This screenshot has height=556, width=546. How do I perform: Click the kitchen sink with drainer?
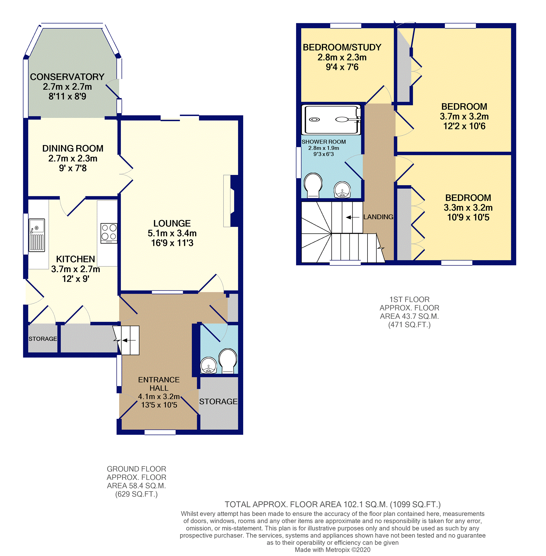click(x=37, y=235)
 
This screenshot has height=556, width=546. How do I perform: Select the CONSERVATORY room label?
click(x=67, y=77)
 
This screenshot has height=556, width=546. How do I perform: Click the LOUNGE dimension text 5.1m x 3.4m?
click(x=172, y=233)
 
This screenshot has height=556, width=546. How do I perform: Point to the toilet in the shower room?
click(x=313, y=185)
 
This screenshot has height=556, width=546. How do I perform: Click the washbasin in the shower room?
click(x=342, y=190)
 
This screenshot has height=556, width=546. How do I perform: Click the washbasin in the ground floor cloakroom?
click(x=208, y=365)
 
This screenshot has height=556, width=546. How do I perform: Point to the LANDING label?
click(x=378, y=217)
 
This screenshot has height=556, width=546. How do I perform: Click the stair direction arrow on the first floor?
click(x=352, y=217)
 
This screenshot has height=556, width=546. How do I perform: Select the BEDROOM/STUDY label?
click(x=342, y=47)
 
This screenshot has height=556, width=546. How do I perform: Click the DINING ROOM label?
click(x=73, y=148)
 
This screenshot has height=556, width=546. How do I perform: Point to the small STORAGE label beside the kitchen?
click(x=43, y=339)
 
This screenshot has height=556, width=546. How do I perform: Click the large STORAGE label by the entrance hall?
click(x=218, y=401)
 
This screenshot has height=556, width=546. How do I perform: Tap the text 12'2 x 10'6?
click(x=464, y=126)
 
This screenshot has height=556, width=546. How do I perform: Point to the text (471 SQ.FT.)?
click(x=409, y=325)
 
